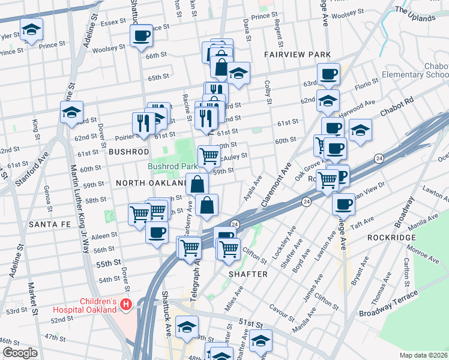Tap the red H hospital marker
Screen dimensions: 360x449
coord(125,305)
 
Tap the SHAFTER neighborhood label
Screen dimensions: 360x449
coord(248,274)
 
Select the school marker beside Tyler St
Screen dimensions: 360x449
coord(31,29)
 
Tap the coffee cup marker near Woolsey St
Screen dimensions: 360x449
coord(141,36)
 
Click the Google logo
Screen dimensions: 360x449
coord(20,352)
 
